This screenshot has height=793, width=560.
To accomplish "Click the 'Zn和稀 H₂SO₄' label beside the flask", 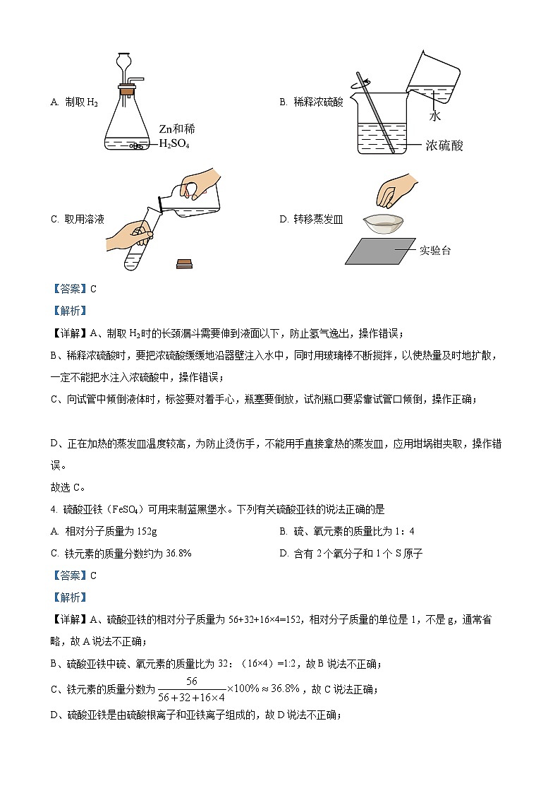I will click(176, 136).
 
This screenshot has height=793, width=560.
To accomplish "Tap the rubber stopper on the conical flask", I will click(128, 90).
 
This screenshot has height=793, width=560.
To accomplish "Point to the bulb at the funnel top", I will click(124, 61).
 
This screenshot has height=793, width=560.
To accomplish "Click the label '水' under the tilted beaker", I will click(434, 113).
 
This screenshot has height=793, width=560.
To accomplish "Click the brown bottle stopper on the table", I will click(185, 263).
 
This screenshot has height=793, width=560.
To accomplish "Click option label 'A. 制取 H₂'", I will click(74, 102).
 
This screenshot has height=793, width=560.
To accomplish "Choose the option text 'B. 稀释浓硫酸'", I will click(311, 102).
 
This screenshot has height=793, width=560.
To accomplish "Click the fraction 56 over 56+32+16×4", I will click(191, 688).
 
